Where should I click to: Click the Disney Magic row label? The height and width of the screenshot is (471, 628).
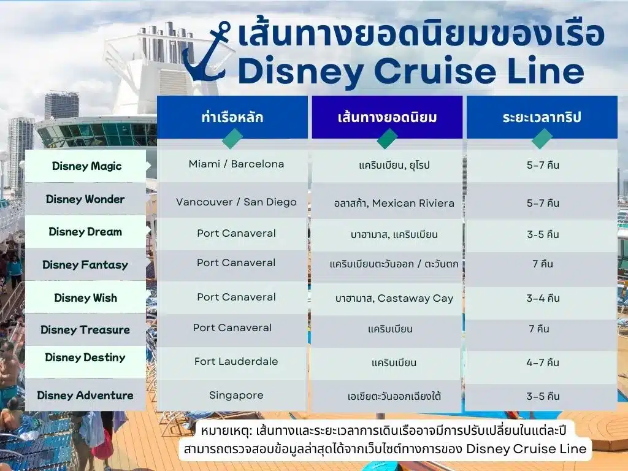click(86, 166)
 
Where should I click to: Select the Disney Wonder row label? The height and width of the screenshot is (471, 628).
click(85, 199)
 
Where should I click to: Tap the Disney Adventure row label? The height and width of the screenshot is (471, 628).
click(85, 396)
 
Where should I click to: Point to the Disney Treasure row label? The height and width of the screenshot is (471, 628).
click(85, 329)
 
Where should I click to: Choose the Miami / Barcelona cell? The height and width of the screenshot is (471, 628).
click(236, 164)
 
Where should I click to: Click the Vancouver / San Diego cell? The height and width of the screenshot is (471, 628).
click(236, 202)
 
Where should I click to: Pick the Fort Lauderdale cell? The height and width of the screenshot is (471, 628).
click(236, 361)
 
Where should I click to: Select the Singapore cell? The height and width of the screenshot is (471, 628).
click(236, 396)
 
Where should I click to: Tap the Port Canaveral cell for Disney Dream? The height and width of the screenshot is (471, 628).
click(236, 233)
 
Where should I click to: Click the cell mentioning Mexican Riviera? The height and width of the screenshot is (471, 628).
click(394, 203)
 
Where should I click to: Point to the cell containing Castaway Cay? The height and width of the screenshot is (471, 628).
click(394, 299)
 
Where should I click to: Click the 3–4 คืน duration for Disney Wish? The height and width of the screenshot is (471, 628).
click(543, 298)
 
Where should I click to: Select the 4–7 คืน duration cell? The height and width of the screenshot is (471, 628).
click(543, 362)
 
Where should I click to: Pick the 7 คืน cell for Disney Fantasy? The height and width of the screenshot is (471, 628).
click(543, 264)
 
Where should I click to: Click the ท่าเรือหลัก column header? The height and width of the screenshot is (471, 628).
click(232, 117)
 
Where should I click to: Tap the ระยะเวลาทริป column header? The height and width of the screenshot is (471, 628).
click(542, 117)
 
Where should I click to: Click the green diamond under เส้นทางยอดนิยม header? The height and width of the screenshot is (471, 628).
click(388, 139)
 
